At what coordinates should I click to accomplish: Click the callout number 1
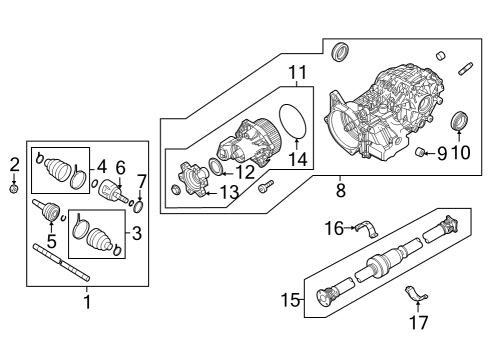click(x=86, y=300)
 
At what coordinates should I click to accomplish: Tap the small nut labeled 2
click(x=14, y=187)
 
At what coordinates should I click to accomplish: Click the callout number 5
click(x=50, y=240)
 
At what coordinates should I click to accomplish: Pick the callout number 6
click(x=120, y=168)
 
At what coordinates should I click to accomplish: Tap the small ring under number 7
click(x=140, y=207)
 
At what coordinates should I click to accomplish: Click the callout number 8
click(x=340, y=187)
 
